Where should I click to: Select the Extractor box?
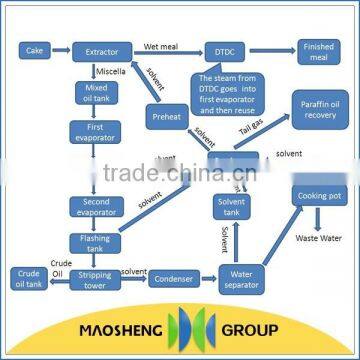pos(101,48)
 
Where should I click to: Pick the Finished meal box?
pos(320,48)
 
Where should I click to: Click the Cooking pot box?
pos(320,195)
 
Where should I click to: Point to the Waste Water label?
pos(319,240)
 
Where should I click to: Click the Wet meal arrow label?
pos(161,44)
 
